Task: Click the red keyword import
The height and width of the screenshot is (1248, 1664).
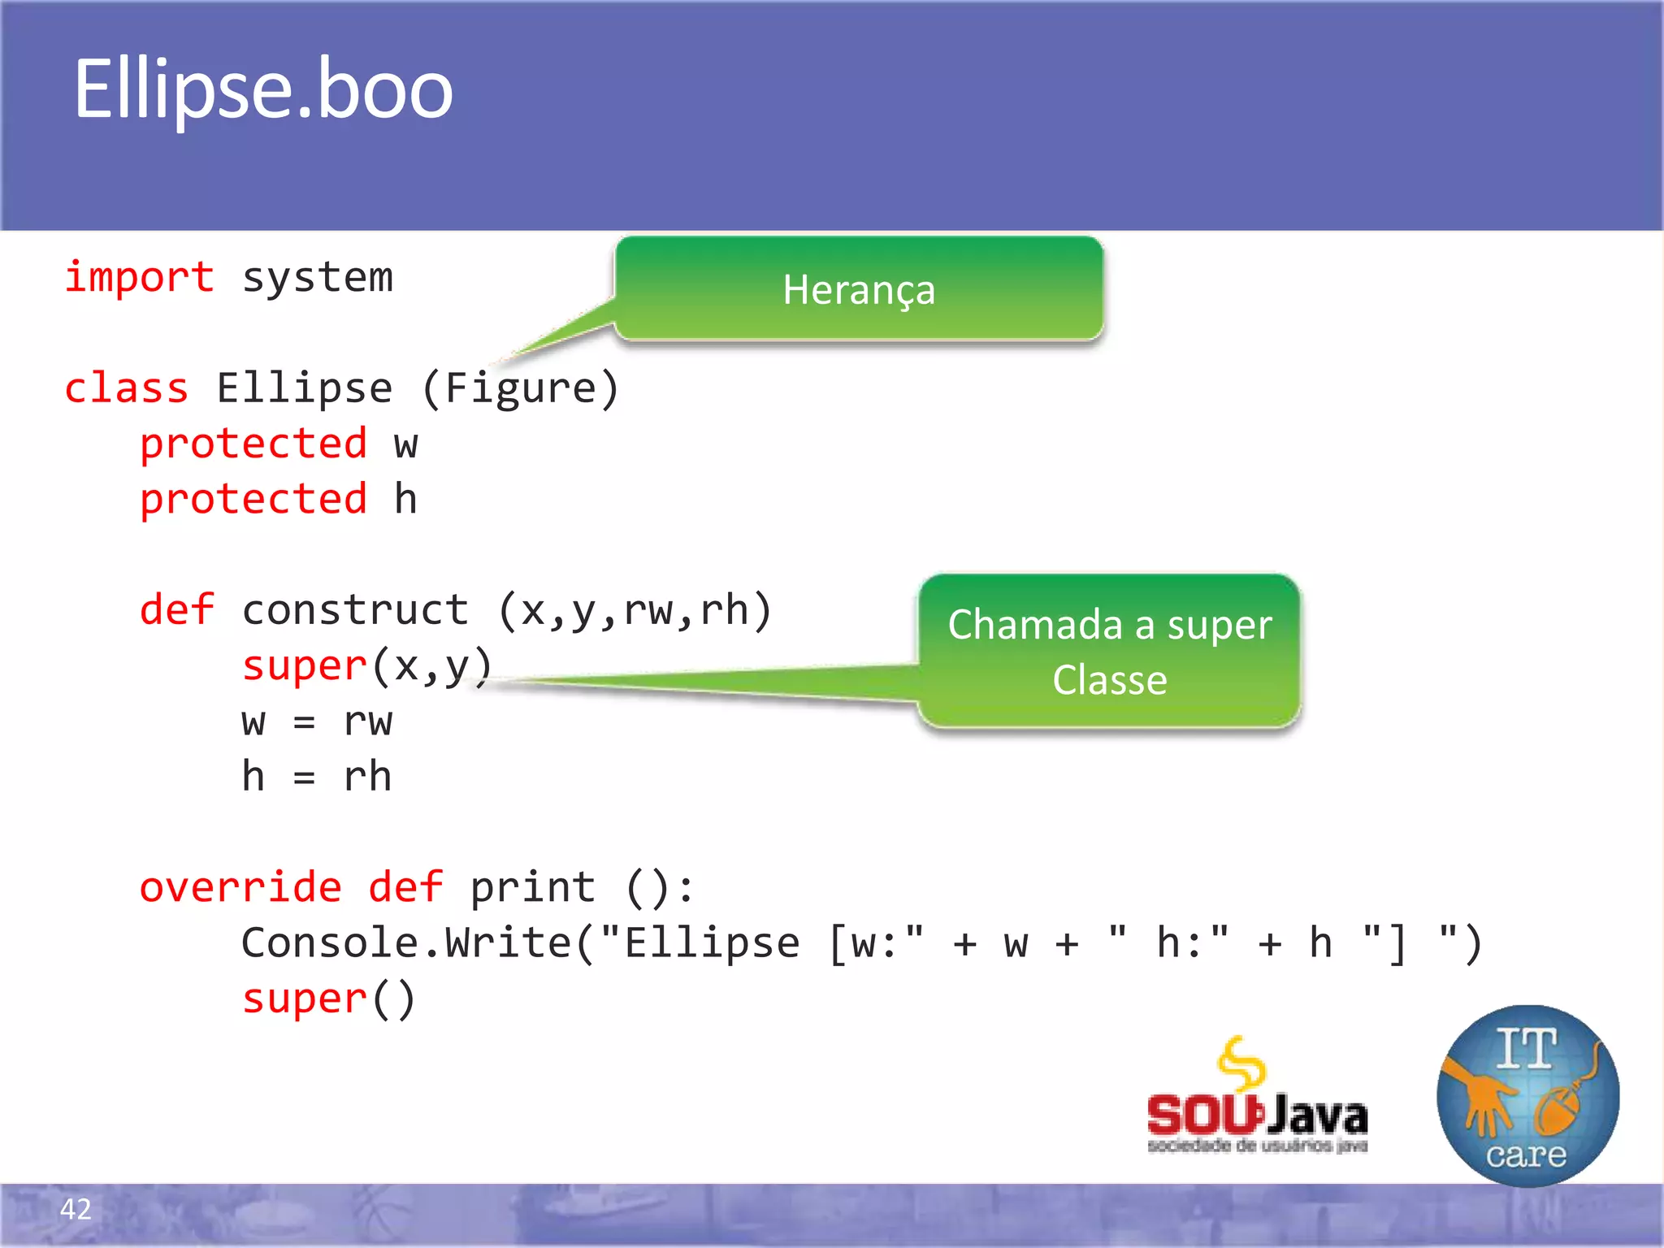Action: pos(140,278)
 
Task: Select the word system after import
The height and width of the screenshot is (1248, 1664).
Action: pos(317,279)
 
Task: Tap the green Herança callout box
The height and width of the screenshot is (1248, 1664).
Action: pos(859,289)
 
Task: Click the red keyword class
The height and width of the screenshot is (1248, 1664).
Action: pos(126,388)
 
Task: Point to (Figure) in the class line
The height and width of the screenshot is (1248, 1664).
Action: pos(520,388)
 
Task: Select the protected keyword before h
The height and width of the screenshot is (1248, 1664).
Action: pos(253,500)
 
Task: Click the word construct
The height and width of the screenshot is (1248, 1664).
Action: pos(355,610)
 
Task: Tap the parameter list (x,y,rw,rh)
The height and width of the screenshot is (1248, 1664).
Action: pos(634,610)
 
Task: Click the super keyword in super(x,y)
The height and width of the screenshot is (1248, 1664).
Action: pos(304,666)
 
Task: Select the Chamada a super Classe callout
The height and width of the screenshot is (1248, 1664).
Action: pos(1109,652)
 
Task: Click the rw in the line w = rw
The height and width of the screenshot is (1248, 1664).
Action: pos(367,721)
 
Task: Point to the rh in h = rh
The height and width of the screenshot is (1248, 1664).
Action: pos(367,777)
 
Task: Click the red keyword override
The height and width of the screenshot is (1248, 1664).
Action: pos(240,887)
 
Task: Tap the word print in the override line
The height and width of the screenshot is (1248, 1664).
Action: pos(532,887)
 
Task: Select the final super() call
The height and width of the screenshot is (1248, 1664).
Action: pos(328,999)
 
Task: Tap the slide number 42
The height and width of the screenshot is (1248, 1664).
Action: pos(76,1209)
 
